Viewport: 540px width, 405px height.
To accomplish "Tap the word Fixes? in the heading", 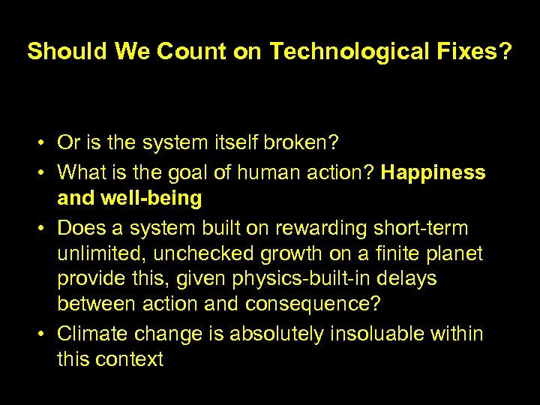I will point(475,51).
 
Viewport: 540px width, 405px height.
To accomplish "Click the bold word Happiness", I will point(433,172).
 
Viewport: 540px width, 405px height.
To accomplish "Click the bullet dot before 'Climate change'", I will point(45,334).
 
